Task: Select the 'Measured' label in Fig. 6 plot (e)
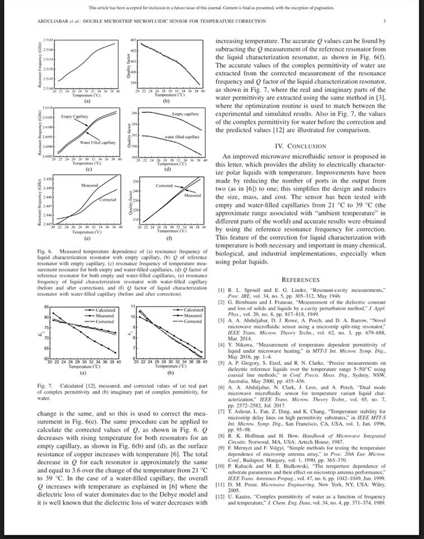tap(90, 185)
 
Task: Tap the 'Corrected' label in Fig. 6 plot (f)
tap(164, 185)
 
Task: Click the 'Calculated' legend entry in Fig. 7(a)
tap(105, 310)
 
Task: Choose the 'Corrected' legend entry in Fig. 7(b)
tap(192, 321)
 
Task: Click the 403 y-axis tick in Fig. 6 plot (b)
tap(132, 41)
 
